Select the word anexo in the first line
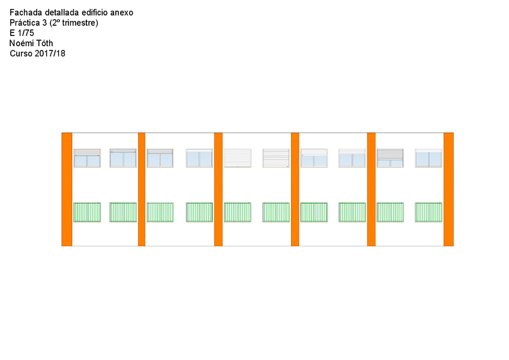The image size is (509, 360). pos(122,13)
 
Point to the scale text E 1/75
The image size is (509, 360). pos(22,33)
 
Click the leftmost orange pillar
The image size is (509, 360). pos(67,189)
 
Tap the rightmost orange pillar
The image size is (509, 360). pos(448,189)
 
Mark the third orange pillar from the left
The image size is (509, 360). pos(218,189)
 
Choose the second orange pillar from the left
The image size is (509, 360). pos(142,189)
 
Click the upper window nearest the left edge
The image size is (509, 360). pos(87,158)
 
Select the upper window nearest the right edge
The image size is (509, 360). pos(429,158)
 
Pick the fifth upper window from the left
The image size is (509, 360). pos(238,158)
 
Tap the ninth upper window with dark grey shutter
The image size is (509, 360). pos(390,158)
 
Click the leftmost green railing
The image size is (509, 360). pos(87,212)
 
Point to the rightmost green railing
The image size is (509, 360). pos(429,212)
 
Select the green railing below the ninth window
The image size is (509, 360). pos(390,212)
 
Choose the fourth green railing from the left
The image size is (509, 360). pos(199,212)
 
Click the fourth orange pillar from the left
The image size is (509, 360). pos(295,189)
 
